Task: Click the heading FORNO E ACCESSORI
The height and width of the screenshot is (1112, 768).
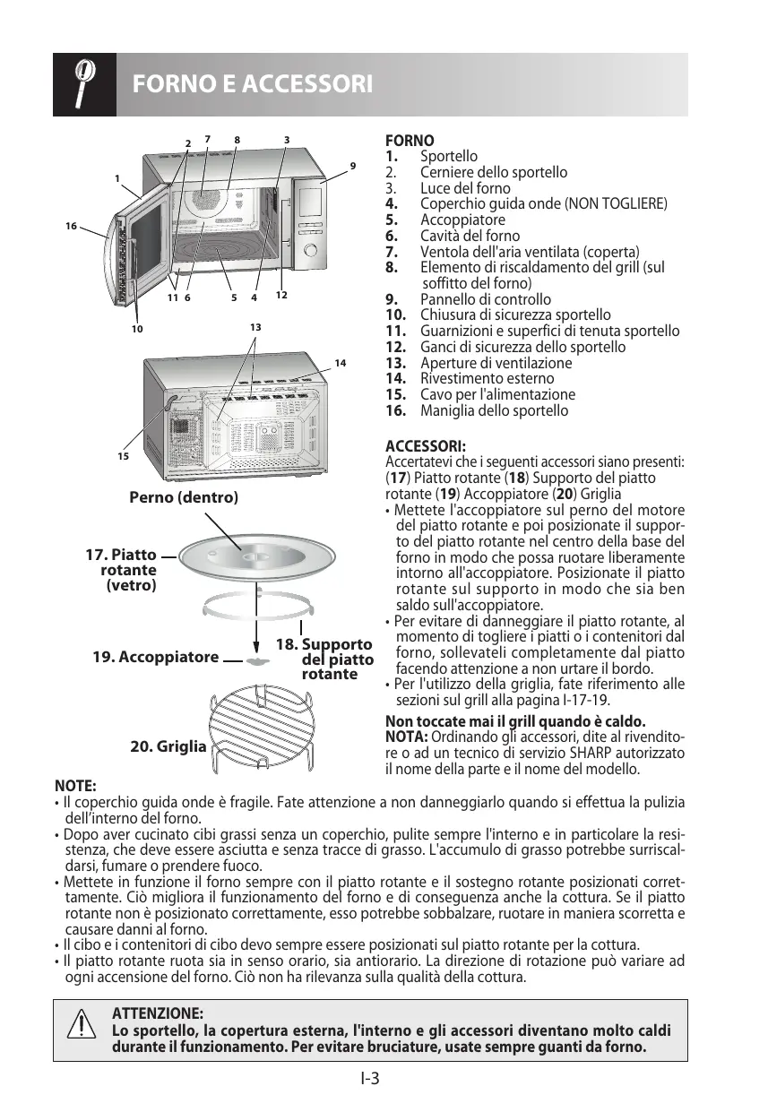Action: pyautogui.click(x=252, y=84)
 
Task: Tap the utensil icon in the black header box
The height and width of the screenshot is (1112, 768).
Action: pyautogui.click(x=83, y=84)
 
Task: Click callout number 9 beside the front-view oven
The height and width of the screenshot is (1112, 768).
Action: pyautogui.click(x=353, y=166)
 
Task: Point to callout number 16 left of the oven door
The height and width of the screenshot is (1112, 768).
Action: pyautogui.click(x=71, y=227)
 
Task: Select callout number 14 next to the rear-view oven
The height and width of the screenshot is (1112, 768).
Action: pyautogui.click(x=340, y=363)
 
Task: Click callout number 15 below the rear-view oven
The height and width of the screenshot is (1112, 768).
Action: pyautogui.click(x=123, y=456)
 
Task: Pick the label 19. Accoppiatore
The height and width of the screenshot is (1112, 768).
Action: pyautogui.click(x=155, y=657)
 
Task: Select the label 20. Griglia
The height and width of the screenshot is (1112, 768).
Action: pyautogui.click(x=168, y=746)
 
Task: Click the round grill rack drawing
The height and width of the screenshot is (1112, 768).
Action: pyautogui.click(x=261, y=725)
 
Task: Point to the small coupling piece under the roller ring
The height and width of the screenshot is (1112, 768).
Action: pyautogui.click(x=258, y=661)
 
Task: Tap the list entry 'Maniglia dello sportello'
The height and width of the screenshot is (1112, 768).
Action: pyautogui.click(x=494, y=410)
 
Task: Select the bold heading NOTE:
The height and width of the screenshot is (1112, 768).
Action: pyautogui.click(x=75, y=785)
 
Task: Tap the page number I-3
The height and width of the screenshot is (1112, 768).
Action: pyautogui.click(x=371, y=1078)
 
